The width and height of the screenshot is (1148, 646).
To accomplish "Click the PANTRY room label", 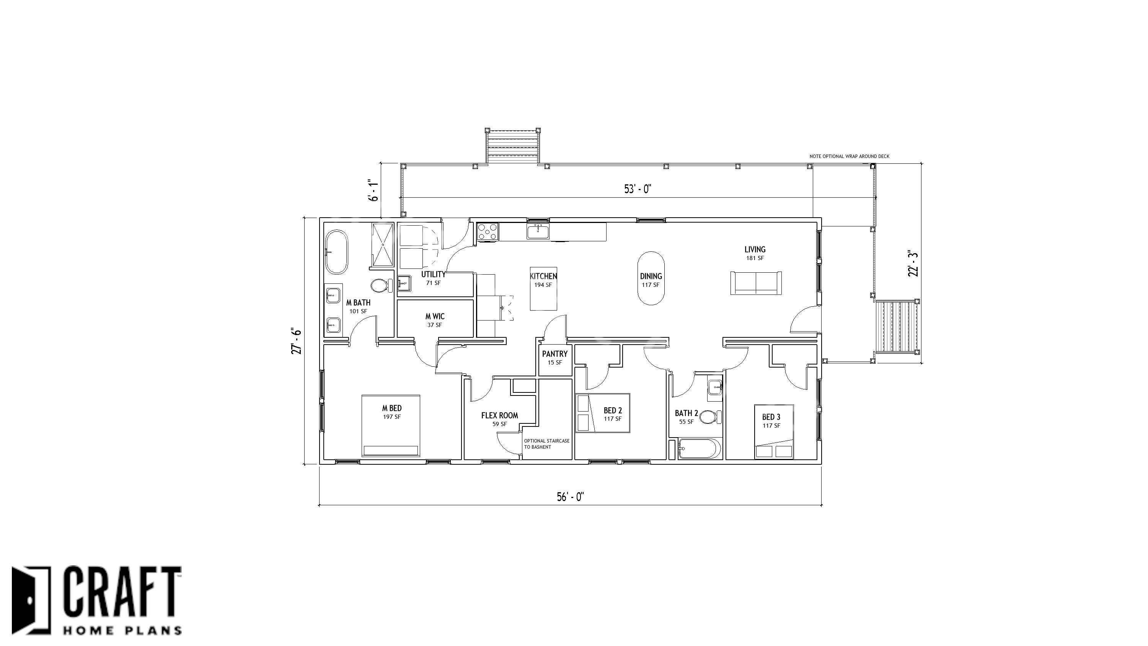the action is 555,354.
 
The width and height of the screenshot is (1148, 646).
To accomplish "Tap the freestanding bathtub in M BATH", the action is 337,252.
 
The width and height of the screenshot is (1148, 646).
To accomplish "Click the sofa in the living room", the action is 756,283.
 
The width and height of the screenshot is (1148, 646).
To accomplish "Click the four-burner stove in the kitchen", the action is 488,232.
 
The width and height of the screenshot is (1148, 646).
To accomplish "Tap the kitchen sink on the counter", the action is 538,232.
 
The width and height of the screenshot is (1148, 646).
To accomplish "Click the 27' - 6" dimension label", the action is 296,341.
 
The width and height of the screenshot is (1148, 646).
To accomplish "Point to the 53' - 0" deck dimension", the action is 638,189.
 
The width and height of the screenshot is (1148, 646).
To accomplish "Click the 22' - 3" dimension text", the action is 913,264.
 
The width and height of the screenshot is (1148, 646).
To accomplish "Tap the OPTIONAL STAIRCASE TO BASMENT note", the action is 547,444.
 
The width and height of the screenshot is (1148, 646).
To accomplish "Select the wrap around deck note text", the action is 850,156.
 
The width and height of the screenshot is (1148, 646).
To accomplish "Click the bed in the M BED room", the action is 391,426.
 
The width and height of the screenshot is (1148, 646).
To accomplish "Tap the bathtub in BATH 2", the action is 699,449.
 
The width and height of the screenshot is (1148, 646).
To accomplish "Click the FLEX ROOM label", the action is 500,416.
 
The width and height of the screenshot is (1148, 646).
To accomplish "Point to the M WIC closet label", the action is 435,316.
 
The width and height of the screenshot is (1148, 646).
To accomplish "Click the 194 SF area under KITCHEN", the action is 543,285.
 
